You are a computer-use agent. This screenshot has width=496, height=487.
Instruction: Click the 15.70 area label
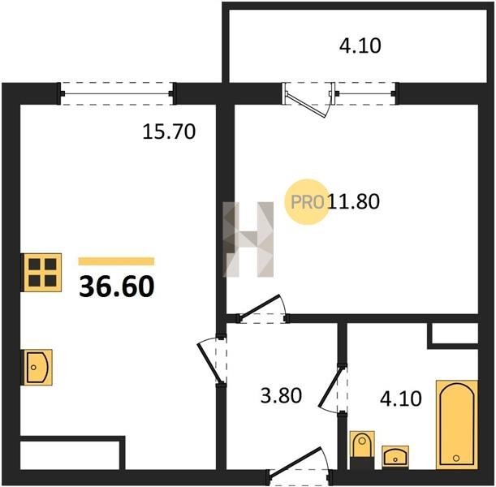click(169, 131)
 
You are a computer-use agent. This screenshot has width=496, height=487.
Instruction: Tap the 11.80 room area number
click(353, 201)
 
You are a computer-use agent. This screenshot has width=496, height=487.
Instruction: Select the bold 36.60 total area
click(117, 287)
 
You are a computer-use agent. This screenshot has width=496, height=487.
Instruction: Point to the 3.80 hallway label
click(281, 395)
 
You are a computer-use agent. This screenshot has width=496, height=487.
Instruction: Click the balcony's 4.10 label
click(360, 45)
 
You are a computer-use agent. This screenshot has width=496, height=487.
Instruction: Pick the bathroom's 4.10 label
click(401, 399)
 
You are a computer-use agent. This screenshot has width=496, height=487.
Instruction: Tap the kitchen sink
click(37, 367)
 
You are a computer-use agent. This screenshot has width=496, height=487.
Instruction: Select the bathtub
click(456, 425)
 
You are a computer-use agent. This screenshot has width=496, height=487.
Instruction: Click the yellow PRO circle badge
click(307, 202)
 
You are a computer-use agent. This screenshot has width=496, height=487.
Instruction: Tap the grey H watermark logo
click(248, 239)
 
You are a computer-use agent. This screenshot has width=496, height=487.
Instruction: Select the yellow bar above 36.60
click(116, 261)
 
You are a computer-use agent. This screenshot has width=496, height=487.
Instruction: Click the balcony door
click(308, 100)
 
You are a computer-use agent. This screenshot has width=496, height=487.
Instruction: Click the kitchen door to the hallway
click(211, 361)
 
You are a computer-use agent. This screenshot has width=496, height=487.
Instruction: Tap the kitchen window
click(117, 93)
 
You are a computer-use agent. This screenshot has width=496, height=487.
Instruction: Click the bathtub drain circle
click(456, 458)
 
